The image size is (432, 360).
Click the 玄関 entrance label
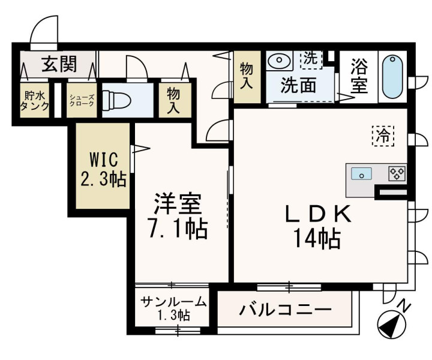click(x=59, y=64)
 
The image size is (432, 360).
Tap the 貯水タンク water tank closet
click(x=34, y=100)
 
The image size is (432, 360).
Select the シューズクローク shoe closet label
click(x=82, y=100)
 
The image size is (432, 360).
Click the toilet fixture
click(x=116, y=100)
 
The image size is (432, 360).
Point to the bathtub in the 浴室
click(x=392, y=77)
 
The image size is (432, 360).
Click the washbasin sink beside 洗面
click(x=279, y=59)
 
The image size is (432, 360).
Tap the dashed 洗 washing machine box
click(x=311, y=59)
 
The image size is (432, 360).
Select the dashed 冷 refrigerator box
click(x=383, y=136)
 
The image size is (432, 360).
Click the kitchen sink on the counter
click(x=361, y=174)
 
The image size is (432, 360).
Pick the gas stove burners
click(x=397, y=174)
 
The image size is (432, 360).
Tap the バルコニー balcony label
click(x=285, y=310)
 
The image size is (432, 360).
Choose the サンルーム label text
click(x=173, y=302)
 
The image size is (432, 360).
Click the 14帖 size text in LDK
click(x=317, y=238)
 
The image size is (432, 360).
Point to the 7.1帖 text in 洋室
click(x=178, y=228)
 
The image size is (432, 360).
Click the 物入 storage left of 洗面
click(x=247, y=77)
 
